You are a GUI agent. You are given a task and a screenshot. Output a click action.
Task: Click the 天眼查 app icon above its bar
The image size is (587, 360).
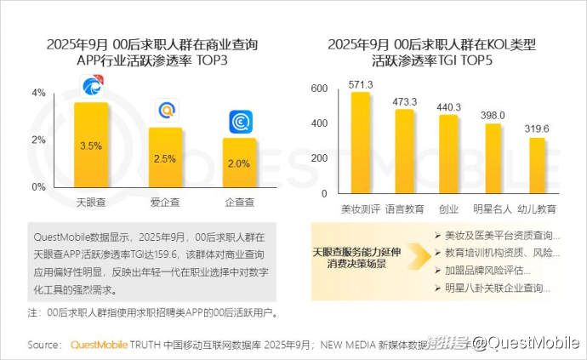click(92, 86)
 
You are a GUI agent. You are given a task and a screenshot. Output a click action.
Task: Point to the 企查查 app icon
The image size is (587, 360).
click(240, 122)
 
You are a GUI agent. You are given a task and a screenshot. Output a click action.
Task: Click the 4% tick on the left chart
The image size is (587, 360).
click(38, 93)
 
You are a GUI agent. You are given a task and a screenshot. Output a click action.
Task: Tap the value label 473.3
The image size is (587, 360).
click(405, 101)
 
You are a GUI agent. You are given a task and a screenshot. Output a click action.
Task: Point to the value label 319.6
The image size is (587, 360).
click(536, 129)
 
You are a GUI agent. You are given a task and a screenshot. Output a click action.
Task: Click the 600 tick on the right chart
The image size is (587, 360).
click(319, 89)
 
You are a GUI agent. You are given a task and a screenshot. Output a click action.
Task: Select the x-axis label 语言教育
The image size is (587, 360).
click(405, 209)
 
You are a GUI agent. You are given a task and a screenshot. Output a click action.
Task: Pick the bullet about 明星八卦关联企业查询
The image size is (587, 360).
click(498, 289)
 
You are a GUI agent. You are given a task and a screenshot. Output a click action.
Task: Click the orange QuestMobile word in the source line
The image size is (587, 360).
click(98, 345)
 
